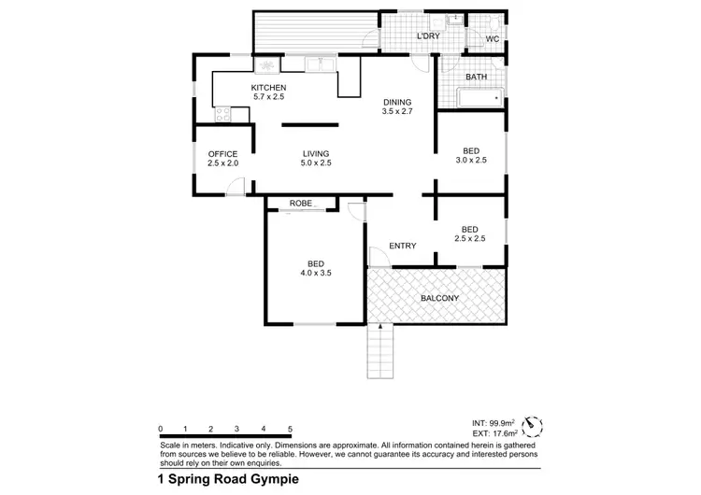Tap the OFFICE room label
click(x=222, y=154)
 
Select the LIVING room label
click(x=316, y=154)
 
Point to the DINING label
click(x=396, y=102)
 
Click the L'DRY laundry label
click(x=428, y=36)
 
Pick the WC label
click(x=493, y=38)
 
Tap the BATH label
click(x=477, y=77)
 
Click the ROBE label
click(x=300, y=203)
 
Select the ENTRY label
click(x=402, y=246)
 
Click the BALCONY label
click(x=438, y=298)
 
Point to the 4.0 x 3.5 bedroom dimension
click(x=316, y=273)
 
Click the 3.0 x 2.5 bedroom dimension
click(x=471, y=161)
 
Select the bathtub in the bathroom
click(x=479, y=97)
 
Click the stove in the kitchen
click(x=223, y=115)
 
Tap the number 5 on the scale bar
click(x=291, y=429)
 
